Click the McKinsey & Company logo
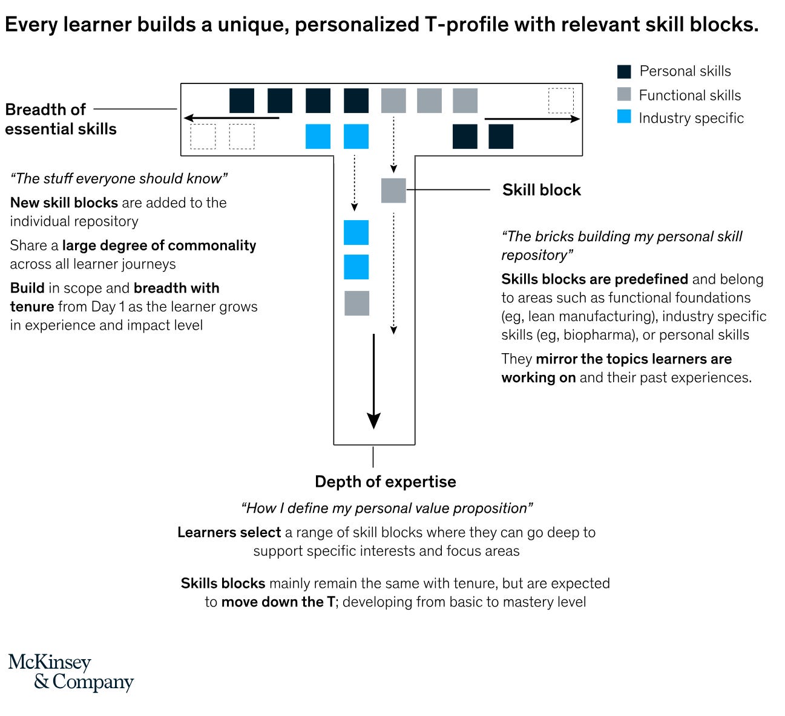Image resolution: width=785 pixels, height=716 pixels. coord(71,672)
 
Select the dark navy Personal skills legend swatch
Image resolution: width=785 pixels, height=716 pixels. coord(624,71)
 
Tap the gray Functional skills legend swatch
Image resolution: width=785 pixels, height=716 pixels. coord(624,94)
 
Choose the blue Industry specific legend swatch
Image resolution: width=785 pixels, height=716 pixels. coord(624,117)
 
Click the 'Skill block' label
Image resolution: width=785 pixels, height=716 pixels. coord(541,190)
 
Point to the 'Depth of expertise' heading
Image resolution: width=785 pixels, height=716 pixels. coord(385,482)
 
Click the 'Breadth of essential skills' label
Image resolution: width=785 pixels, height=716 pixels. coord(61,119)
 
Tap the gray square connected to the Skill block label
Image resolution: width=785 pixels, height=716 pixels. coord(393,190)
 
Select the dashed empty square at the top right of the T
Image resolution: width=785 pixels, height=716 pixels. coord(560,100)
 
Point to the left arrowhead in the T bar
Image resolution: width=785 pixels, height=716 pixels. coord(189,118)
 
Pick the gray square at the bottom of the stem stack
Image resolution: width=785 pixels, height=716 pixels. coord(356,303)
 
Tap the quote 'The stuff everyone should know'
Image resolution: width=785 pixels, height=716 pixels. coord(119,178)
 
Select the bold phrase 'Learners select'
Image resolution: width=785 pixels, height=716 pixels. coord(229,533)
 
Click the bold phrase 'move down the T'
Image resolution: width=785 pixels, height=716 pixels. coord(278,602)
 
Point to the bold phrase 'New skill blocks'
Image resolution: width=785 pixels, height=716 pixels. coord(64,203)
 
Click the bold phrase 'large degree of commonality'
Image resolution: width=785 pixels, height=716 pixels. coord(159,246)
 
